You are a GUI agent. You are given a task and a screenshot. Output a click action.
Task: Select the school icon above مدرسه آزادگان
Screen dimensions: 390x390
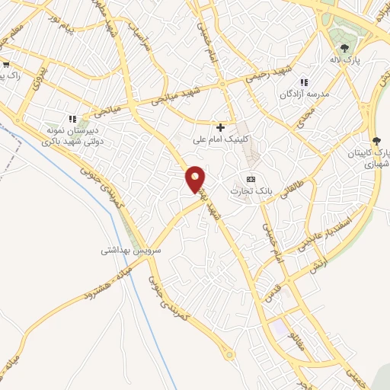click(304, 82)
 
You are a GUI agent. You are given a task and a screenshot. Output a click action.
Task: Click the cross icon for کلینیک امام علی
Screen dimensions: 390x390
click(221, 127)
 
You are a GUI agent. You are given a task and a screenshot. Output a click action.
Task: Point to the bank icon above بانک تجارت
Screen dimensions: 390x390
click(250, 178)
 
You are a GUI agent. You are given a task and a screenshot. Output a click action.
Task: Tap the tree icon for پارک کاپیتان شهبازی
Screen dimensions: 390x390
click(376, 141)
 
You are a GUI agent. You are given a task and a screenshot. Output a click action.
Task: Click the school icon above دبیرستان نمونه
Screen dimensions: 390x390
click(72, 119)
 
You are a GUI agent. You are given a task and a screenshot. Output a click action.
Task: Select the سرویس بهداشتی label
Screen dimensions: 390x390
click(131, 249)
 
